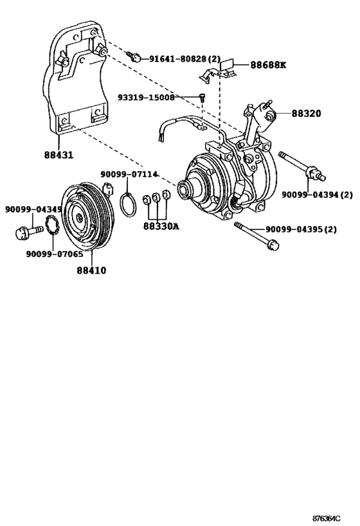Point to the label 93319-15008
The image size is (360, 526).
(146, 98)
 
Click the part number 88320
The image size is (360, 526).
(307, 113)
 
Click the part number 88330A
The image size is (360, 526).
(161, 225)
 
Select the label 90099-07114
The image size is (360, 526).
(129, 174)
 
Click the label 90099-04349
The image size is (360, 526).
(33, 209)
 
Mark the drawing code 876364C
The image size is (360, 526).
(334, 517)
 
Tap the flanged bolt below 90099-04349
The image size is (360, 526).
(22, 230)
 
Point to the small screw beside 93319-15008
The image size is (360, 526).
(202, 98)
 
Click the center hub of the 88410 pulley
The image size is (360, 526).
(79, 218)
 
